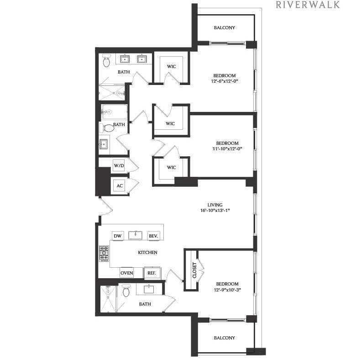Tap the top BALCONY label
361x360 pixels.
pyautogui.click(x=225, y=28)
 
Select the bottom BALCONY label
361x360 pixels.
pyautogui.click(x=225, y=338)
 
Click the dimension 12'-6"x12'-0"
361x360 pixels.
pyautogui.click(x=225, y=81)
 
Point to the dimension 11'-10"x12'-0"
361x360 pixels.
pyautogui.click(x=225, y=148)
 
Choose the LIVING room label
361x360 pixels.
pyautogui.click(x=215, y=205)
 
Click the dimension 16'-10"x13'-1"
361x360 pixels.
pyautogui.click(x=215, y=211)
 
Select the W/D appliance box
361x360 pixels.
pyautogui.click(x=119, y=165)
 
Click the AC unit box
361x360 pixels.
pyautogui.click(x=120, y=186)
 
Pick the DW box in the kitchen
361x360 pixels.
pyautogui.click(x=117, y=236)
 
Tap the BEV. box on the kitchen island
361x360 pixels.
pyautogui.click(x=153, y=236)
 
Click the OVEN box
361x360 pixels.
pyautogui.click(x=126, y=273)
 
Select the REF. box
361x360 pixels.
pyautogui.click(x=151, y=273)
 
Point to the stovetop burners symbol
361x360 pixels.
pyautogui.click(x=104, y=253)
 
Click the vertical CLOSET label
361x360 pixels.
pyautogui.click(x=194, y=270)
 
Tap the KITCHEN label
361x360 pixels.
pyautogui.click(x=148, y=253)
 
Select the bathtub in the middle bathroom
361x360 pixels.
pyautogui.click(x=114, y=112)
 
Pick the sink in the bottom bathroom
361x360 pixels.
pyautogui.click(x=149, y=289)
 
